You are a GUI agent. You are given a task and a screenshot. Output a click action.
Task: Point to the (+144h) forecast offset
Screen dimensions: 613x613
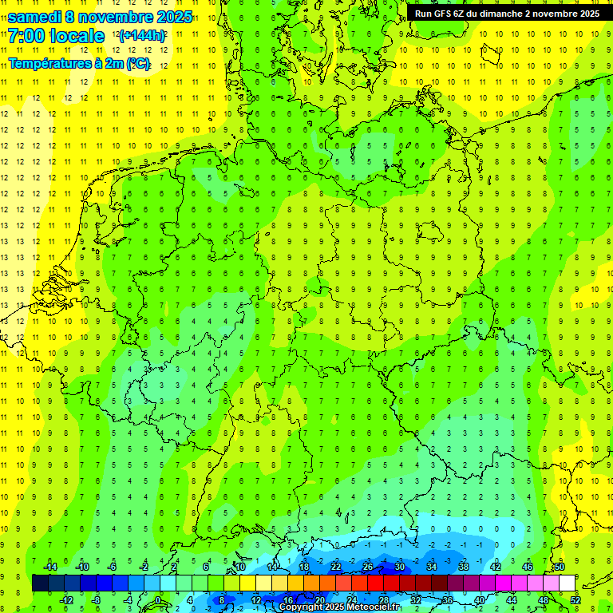[x=142, y=36]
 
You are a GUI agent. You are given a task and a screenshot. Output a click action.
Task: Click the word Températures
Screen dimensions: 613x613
[x=49, y=63]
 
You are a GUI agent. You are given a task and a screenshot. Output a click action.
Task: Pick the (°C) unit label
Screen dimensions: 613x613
[x=136, y=63]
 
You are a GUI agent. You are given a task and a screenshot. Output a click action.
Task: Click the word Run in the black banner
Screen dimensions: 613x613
[x=423, y=14]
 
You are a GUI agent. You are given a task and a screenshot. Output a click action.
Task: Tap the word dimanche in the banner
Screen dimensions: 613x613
[x=500, y=14]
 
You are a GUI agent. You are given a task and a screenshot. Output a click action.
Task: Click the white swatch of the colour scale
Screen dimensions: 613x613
[x=567, y=583]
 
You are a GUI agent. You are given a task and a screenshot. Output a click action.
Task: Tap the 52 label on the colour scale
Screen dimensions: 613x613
[x=575, y=600]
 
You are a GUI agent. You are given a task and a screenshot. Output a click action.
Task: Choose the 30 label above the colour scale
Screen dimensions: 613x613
[x=400, y=567]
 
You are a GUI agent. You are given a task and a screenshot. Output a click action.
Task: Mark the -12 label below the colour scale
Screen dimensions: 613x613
[x=66, y=600]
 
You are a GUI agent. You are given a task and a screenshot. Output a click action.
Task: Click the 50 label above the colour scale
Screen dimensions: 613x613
[x=560, y=567]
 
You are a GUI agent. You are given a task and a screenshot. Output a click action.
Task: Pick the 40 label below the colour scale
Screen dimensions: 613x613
[x=480, y=600]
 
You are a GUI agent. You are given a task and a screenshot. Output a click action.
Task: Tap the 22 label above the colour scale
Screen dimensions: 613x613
[x=336, y=567]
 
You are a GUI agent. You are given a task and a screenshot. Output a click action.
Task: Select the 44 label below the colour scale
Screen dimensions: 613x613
[x=512, y=600]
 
